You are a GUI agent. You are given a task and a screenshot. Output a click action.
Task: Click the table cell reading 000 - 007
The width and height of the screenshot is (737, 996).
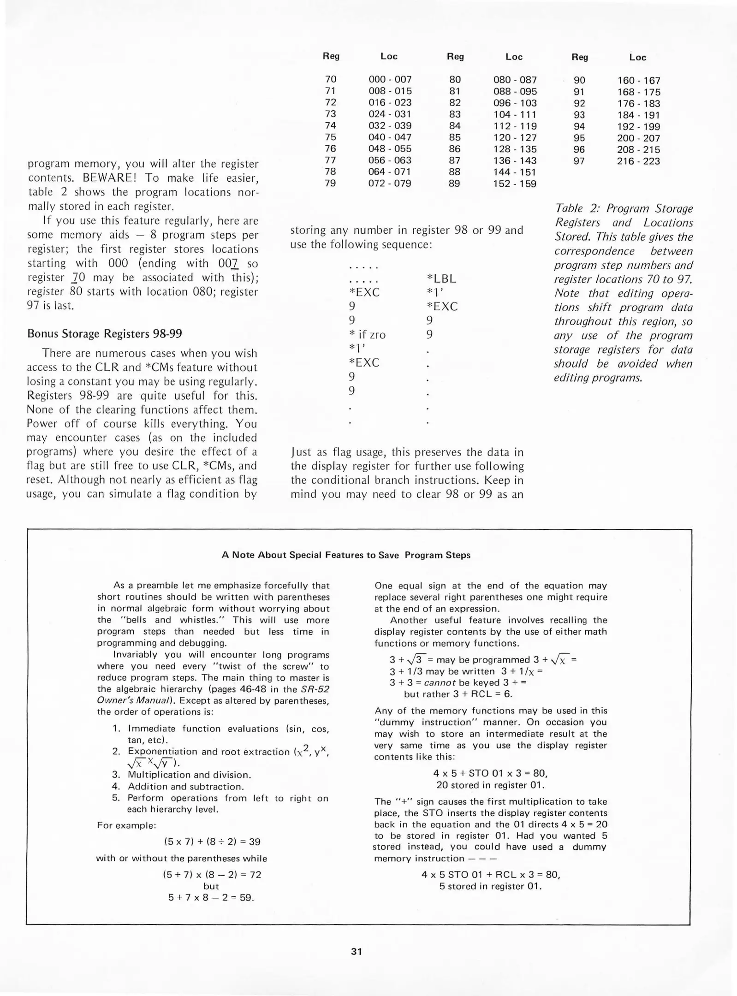[390, 79]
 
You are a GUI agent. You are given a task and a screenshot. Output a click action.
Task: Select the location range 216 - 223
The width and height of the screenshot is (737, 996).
[638, 161]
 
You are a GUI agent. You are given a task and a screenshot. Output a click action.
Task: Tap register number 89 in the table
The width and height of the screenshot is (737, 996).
[454, 184]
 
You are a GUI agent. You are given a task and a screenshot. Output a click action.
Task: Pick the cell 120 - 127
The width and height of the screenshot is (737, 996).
[515, 137]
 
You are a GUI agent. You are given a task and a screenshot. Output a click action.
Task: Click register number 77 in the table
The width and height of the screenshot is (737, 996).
[330, 160]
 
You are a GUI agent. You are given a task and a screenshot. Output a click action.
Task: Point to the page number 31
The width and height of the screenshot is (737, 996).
[357, 951]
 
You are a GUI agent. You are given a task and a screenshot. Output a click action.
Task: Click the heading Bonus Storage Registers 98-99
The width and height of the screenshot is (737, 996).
[105, 333]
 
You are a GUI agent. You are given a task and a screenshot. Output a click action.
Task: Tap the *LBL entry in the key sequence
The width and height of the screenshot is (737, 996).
[441, 279]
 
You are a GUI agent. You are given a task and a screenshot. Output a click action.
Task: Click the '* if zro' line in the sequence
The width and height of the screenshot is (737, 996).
[367, 334]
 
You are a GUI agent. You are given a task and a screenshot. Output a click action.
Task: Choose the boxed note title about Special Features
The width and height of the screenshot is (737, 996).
[346, 555]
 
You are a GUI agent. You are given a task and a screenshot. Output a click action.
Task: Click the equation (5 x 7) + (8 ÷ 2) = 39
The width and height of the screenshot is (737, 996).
[212, 842]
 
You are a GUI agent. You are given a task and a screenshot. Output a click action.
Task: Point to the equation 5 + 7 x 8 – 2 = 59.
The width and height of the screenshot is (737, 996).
[211, 897]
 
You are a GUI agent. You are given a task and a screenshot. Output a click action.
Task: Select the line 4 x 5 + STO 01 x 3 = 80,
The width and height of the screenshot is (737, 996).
[490, 773]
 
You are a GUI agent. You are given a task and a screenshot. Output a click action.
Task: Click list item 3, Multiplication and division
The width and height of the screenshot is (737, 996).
[189, 775]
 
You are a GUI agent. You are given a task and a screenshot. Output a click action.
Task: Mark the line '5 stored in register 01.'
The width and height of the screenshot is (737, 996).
[490, 886]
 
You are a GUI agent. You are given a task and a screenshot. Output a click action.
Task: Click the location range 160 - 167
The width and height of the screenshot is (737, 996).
[639, 80]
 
